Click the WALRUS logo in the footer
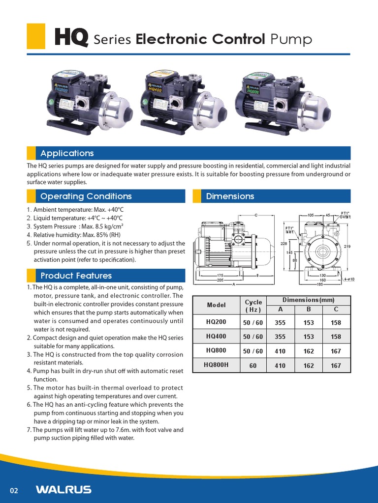pos(63,489)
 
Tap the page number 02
pos(14,490)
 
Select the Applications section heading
pos(67,153)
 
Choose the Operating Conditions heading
pos(86,196)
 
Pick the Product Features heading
pos(76,276)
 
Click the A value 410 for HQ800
pos(281,351)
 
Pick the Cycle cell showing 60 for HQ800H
pos(253,365)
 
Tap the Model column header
pos(217,305)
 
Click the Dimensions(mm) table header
pos(308,300)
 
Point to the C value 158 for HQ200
pos(336,323)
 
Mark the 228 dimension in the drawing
pos(283,244)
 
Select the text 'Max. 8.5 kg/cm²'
pos(102,226)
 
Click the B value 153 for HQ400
pos(308,337)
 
